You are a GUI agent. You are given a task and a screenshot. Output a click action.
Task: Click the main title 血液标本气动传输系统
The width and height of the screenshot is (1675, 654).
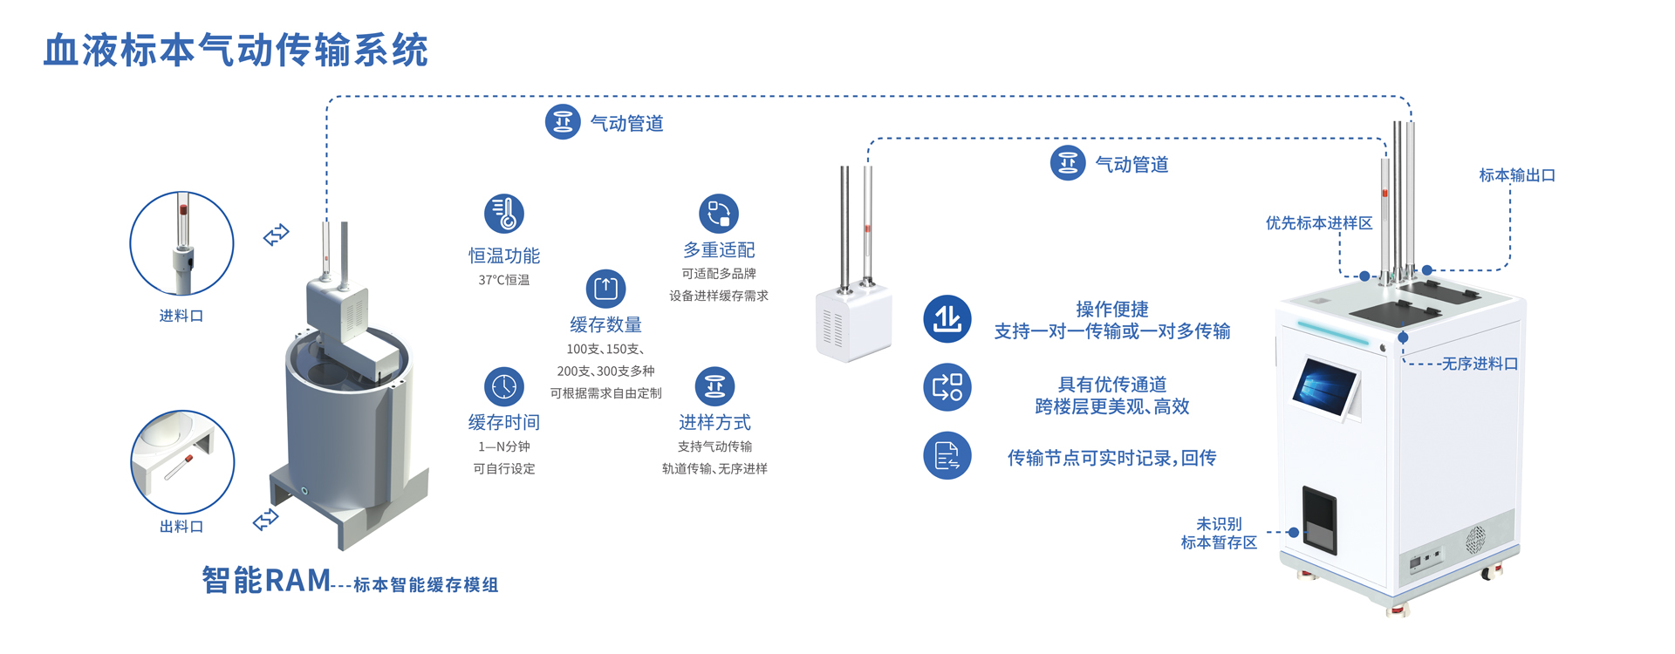(x=236, y=51)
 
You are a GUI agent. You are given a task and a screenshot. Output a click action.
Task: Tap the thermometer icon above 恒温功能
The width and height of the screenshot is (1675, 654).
(x=504, y=214)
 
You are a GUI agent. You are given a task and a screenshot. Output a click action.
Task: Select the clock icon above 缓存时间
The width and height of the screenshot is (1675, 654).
(x=504, y=386)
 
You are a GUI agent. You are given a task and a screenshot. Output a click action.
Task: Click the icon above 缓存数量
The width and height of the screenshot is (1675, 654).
(x=605, y=289)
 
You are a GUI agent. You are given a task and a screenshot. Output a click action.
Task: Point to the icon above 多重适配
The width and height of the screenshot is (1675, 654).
(x=719, y=214)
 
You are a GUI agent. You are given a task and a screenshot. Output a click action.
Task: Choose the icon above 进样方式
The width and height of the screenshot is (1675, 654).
(x=714, y=386)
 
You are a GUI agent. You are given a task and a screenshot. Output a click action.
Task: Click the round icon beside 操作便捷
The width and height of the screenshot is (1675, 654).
(x=947, y=319)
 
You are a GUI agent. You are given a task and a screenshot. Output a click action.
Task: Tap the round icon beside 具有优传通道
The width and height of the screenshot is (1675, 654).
(x=947, y=387)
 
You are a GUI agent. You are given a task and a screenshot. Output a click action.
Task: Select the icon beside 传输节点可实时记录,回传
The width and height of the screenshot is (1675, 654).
(x=947, y=455)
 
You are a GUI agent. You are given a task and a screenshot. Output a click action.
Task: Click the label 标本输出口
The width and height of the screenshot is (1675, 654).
(x=1517, y=175)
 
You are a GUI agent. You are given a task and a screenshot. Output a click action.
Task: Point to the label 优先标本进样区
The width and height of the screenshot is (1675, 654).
(x=1319, y=223)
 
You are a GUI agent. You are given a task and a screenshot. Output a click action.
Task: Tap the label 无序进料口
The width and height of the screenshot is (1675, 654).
(x=1480, y=364)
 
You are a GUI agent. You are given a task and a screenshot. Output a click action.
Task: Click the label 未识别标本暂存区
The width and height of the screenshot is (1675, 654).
(x=1219, y=533)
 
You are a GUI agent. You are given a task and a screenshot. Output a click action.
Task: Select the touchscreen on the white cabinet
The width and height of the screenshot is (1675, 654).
(x=1324, y=389)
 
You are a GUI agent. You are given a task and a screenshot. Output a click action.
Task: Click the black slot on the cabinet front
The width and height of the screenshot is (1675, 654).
(x=1319, y=519)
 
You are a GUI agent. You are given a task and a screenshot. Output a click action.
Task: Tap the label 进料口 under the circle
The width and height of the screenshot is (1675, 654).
(x=181, y=316)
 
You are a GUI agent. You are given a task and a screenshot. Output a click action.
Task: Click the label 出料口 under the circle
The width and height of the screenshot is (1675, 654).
(x=181, y=527)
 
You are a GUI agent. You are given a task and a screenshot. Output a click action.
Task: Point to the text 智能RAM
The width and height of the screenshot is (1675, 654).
(x=266, y=580)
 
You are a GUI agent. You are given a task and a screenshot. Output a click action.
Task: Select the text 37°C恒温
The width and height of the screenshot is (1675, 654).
(x=504, y=280)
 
